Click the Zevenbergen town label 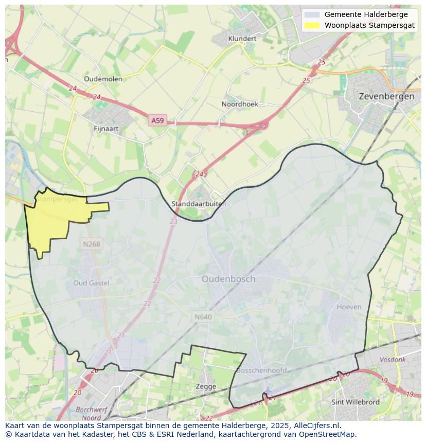coord(386,96)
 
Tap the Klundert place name coord(242,39)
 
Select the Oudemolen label coord(103,79)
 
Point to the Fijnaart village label coord(106,129)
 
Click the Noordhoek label coord(240,104)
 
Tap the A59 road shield coord(157,120)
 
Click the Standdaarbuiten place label coord(199,204)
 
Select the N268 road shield coord(91,244)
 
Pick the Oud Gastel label coord(91,283)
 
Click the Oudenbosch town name coord(228,279)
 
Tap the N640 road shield coord(203,317)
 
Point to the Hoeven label coord(349,307)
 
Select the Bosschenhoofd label coord(261,370)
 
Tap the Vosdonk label coord(392,360)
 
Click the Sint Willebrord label coord(356,402)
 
